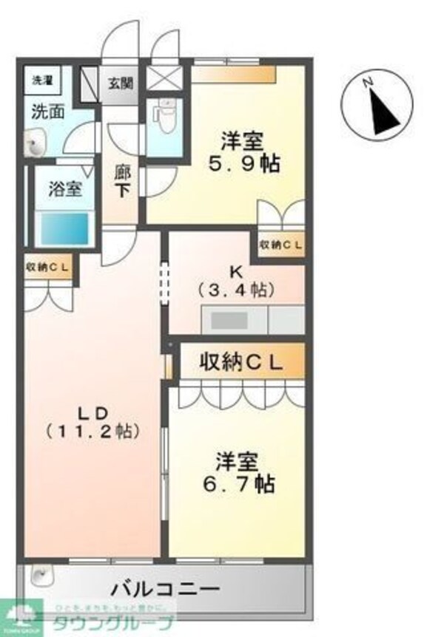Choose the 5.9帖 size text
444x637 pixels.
[243, 163]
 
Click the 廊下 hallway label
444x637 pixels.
[122, 182]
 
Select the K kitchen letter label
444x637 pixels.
[236, 269]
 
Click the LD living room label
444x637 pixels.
[92, 411]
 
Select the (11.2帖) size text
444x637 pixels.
[92, 430]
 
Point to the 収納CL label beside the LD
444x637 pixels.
[48, 268]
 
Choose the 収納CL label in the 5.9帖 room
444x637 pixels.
[280, 245]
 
